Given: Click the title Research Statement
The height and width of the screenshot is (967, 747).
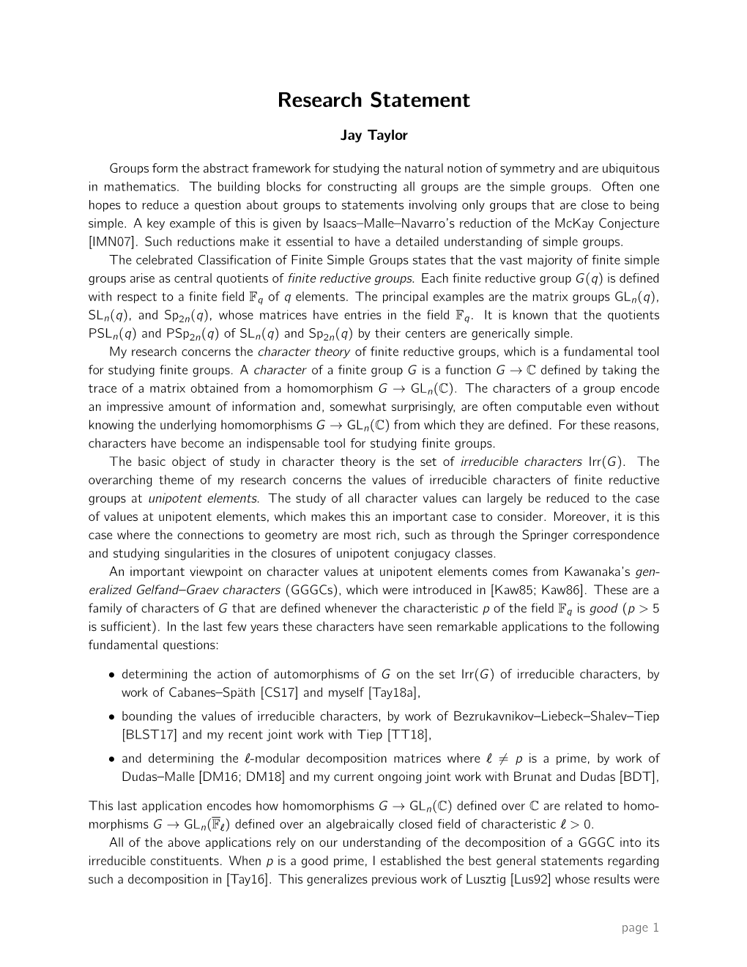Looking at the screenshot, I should pyautogui.click(x=373, y=100).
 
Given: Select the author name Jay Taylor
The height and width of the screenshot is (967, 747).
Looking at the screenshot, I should pyautogui.click(x=373, y=136).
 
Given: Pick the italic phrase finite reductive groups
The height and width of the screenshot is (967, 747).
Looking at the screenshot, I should pyautogui.click(x=350, y=278).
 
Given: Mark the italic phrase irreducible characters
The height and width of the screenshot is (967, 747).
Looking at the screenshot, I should pyautogui.click(x=521, y=462).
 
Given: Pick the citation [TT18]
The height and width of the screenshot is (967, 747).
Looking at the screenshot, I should pyautogui.click(x=406, y=734).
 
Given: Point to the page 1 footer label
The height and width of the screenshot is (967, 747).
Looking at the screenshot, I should pyautogui.click(x=640, y=927).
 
